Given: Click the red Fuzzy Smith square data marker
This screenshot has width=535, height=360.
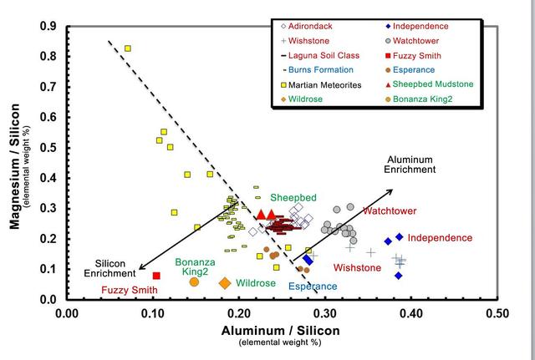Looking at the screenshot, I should click(x=156, y=276).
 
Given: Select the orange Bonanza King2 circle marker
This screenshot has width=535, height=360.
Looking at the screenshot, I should click(x=194, y=282).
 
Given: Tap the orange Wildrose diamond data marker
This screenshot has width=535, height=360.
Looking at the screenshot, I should click(x=225, y=283).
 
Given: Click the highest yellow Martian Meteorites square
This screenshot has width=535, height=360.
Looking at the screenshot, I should click(x=128, y=48).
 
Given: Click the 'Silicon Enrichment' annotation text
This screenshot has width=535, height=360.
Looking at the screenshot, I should click(x=110, y=267).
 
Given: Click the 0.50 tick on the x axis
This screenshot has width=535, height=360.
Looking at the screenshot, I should click(x=498, y=313).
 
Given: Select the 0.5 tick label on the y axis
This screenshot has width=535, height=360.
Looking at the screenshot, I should click(x=48, y=148).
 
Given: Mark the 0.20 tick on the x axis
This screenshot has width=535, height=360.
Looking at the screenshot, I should click(x=239, y=313).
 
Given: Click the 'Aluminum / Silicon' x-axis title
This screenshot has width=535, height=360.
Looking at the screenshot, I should click(x=280, y=332).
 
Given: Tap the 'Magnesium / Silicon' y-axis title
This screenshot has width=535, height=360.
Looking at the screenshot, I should click(x=14, y=164).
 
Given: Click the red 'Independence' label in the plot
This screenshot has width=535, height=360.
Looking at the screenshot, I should click(x=440, y=238).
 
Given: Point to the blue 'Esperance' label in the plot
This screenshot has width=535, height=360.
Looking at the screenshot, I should click(x=313, y=286).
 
